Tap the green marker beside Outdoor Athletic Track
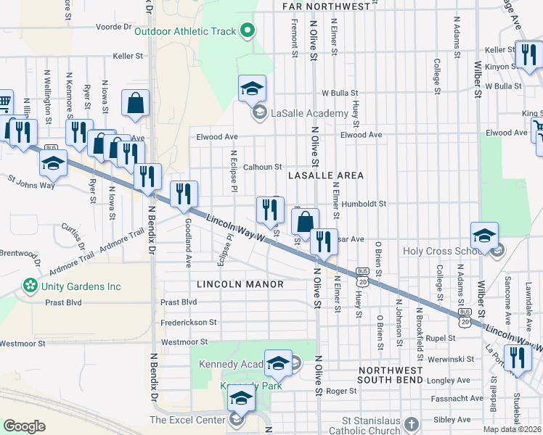coord(248,30)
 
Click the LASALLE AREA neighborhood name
coord(325,175)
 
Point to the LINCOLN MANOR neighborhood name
coord(240,284)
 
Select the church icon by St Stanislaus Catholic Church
coord(412,423)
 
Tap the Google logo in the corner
coord(24,426)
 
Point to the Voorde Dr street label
coord(112,27)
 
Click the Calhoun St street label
coord(262,167)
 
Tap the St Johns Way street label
coord(31,181)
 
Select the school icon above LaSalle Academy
coord(252,88)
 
